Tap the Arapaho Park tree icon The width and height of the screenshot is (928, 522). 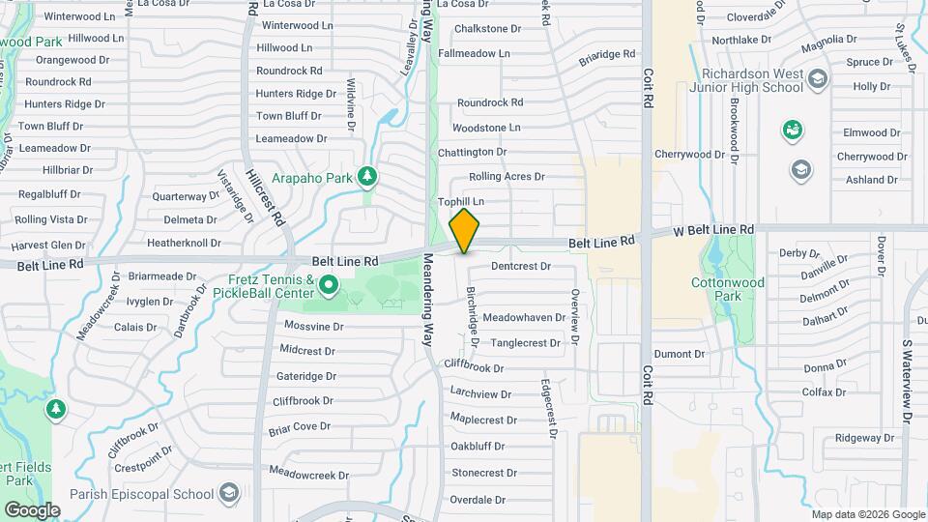pos(366,176)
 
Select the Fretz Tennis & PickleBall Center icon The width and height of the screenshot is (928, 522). pos(329,284)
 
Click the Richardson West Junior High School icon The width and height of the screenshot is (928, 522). pos(817,78)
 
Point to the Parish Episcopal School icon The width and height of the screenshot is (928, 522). pos(228,495)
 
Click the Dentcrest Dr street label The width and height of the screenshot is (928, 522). pos(520,266)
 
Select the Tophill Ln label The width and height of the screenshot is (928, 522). pos(460,202)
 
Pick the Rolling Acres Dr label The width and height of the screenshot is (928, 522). pos(507,177)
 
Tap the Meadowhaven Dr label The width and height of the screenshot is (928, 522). pos(524,317)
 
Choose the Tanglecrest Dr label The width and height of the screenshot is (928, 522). pos(525,343)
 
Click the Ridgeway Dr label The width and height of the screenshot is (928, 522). pos(857,438)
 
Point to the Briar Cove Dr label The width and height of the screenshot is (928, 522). pos(300,427)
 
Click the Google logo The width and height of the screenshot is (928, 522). pos(32,510)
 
